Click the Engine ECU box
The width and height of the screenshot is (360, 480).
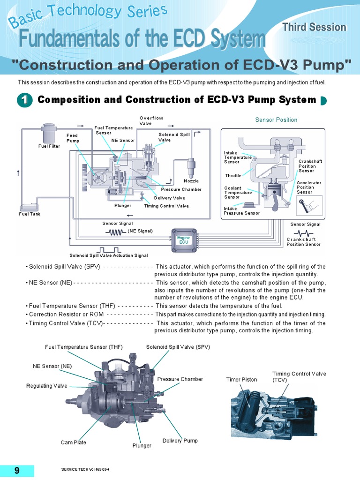(x=183, y=239)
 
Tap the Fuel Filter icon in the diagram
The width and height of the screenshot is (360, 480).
(x=49, y=133)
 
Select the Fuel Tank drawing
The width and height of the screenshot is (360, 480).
(x=30, y=207)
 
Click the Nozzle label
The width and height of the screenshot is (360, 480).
(x=191, y=181)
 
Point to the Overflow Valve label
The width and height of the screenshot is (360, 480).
(x=151, y=120)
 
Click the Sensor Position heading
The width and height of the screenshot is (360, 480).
(x=276, y=120)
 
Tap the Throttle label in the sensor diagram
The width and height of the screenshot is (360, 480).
(x=233, y=176)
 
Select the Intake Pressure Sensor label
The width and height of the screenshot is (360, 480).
(x=241, y=211)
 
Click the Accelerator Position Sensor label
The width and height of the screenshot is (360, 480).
(x=308, y=187)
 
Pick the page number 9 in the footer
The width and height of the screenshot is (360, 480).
(x=17, y=471)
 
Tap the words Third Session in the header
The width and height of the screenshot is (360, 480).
(x=321, y=27)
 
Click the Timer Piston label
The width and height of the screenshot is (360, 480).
(x=241, y=379)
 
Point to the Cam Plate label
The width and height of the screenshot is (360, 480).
(x=74, y=442)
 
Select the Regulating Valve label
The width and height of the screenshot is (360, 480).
(x=47, y=386)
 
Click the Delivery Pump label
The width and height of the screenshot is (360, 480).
(x=180, y=441)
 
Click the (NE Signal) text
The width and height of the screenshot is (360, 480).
(x=140, y=231)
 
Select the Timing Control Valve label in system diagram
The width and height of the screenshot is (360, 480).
(x=166, y=206)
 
